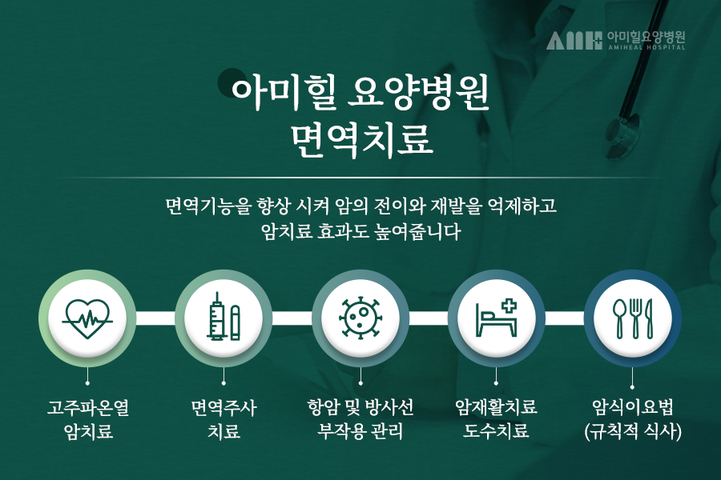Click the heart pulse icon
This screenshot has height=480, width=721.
(87, 318)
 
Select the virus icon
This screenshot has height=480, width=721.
(360, 318)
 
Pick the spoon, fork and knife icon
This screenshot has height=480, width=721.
(633, 318)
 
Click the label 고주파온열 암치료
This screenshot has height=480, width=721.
(88, 419)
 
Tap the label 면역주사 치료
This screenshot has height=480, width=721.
(224, 419)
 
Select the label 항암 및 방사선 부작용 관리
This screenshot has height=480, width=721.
(360, 419)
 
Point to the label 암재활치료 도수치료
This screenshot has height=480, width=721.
(496, 419)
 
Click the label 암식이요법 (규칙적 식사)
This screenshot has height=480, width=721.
(633, 419)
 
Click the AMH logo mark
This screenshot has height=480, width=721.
(574, 41)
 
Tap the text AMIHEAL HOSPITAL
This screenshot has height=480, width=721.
(646, 47)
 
